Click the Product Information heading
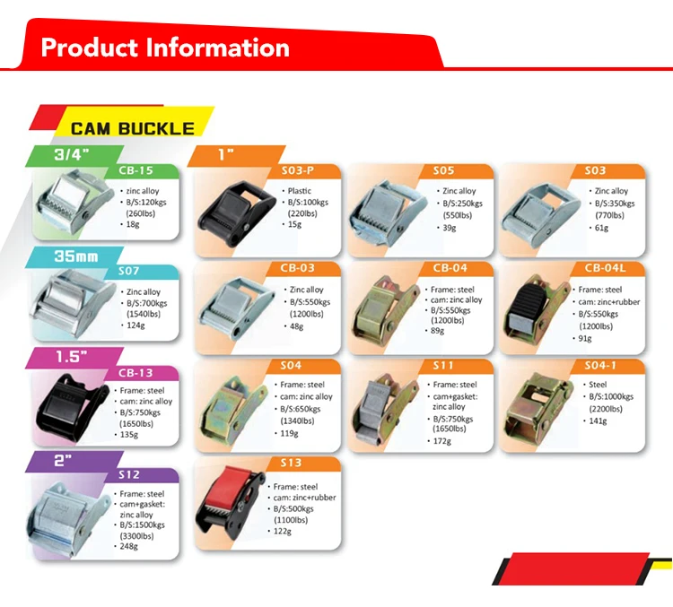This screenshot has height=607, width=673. point(165,48)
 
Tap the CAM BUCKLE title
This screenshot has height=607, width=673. point(133,128)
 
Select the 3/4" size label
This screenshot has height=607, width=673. point(71,155)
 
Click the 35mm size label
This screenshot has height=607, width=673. point(75,256)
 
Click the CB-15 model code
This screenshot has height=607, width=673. point(136,170)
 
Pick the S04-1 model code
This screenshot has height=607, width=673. point(601,365)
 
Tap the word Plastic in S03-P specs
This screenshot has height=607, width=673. point(298,191)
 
